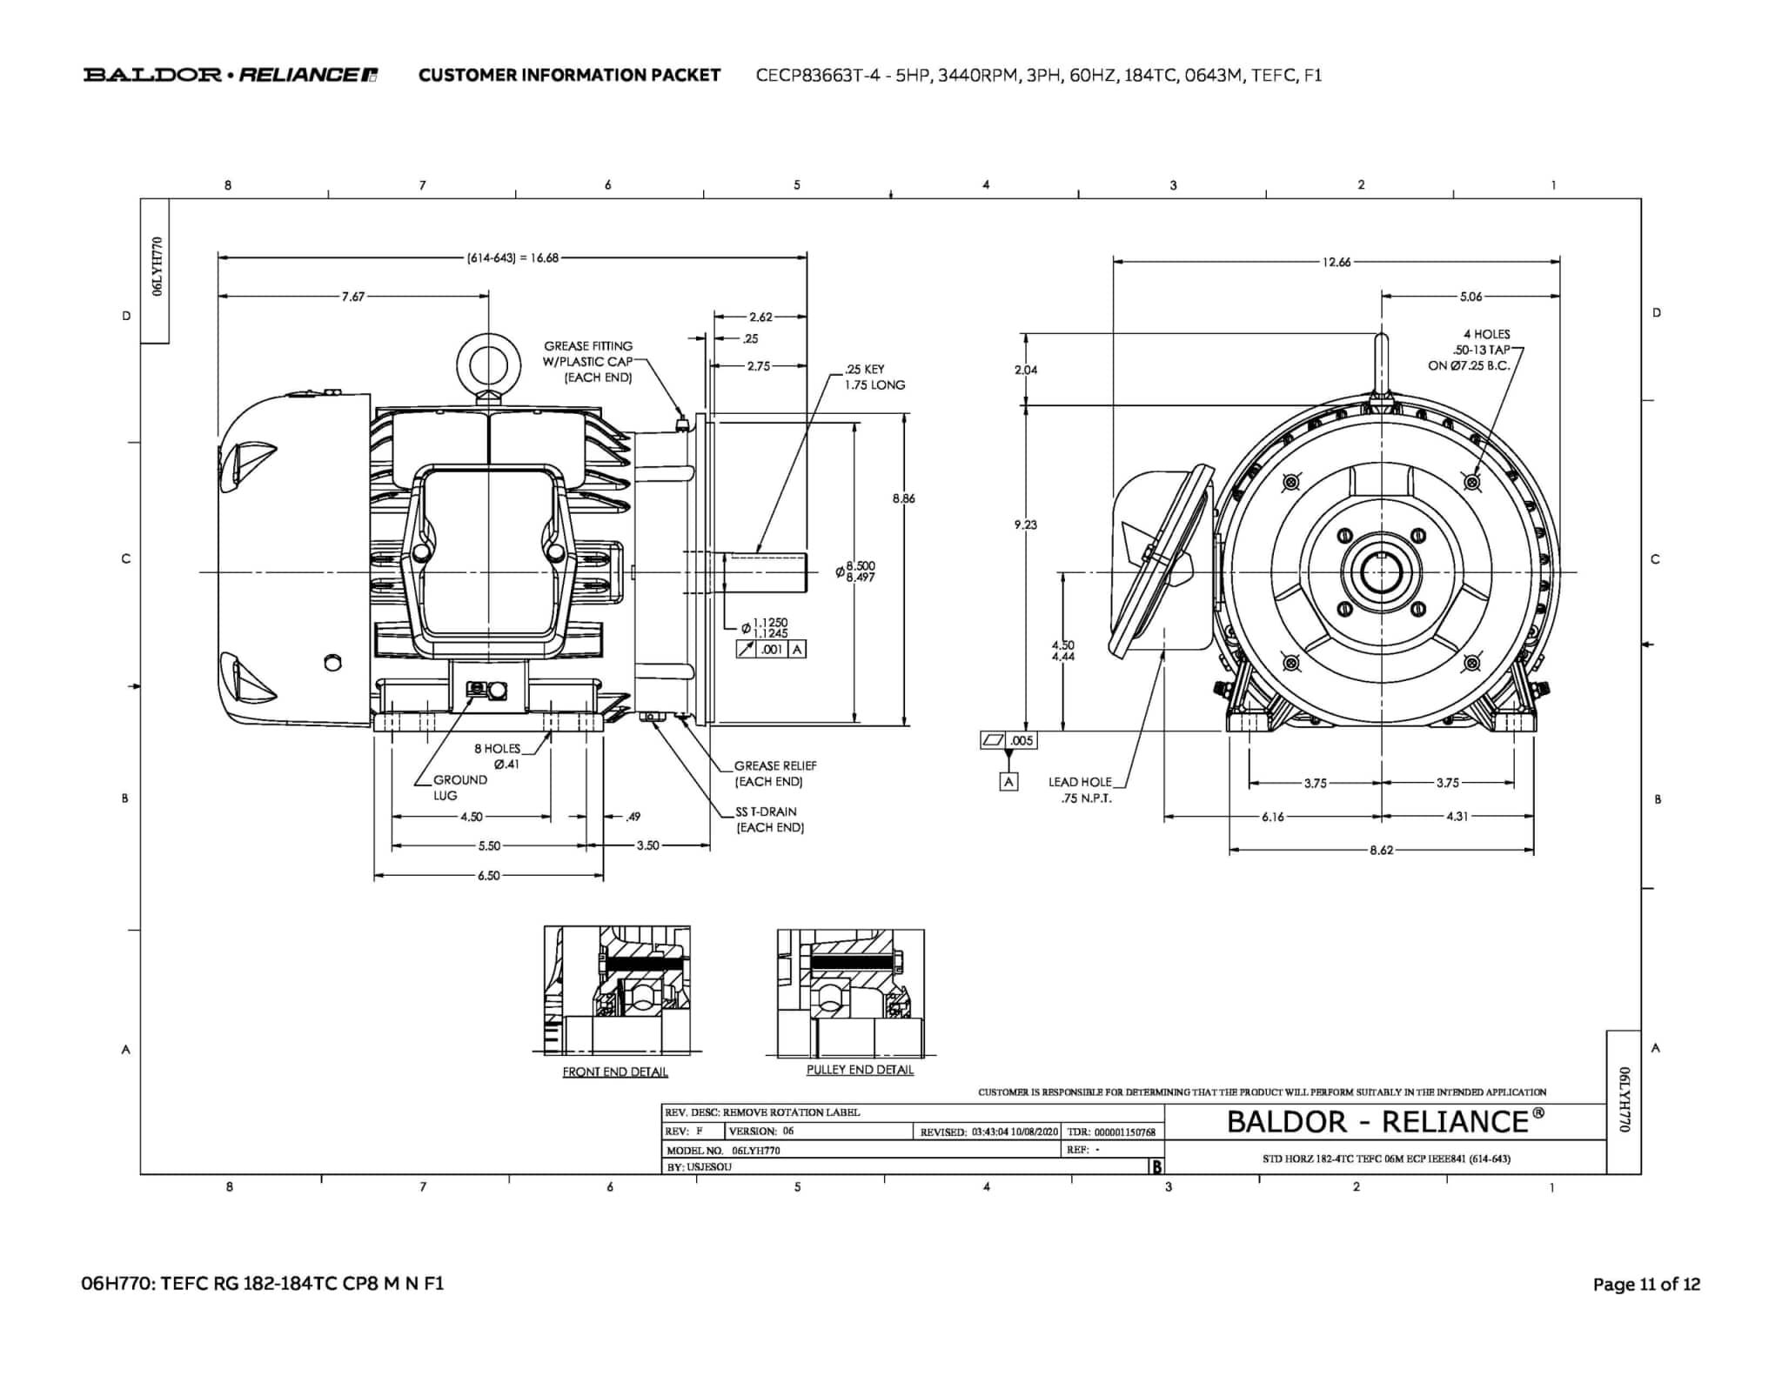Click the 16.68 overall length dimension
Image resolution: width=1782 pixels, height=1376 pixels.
pyautogui.click(x=513, y=258)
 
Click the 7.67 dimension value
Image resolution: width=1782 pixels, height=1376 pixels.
pyautogui.click(x=352, y=297)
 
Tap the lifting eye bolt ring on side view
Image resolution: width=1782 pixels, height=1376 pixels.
pyautogui.click(x=488, y=365)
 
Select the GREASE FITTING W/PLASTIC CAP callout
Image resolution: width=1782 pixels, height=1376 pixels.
pyautogui.click(x=588, y=361)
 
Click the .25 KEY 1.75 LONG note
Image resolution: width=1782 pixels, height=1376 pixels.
pyautogui.click(x=874, y=377)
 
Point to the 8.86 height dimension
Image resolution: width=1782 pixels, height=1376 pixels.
pyautogui.click(x=903, y=498)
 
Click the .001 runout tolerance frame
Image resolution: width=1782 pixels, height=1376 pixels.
pyautogui.click(x=771, y=649)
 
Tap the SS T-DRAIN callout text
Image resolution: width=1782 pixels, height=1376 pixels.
pyautogui.click(x=769, y=819)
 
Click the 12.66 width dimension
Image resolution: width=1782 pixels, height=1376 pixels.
pyautogui.click(x=1336, y=262)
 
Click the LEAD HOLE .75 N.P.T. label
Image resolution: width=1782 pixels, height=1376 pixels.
pyautogui.click(x=1082, y=790)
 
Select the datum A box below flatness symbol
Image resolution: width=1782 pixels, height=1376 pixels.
pyautogui.click(x=1008, y=781)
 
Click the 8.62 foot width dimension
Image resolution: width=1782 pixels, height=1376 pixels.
pyautogui.click(x=1381, y=850)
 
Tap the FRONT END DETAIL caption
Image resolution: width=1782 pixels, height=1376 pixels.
pyautogui.click(x=615, y=1072)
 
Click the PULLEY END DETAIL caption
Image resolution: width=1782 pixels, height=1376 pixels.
pyautogui.click(x=860, y=1069)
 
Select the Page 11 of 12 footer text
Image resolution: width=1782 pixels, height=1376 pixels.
pyautogui.click(x=1645, y=1284)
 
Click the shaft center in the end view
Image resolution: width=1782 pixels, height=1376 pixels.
pyautogui.click(x=1381, y=572)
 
